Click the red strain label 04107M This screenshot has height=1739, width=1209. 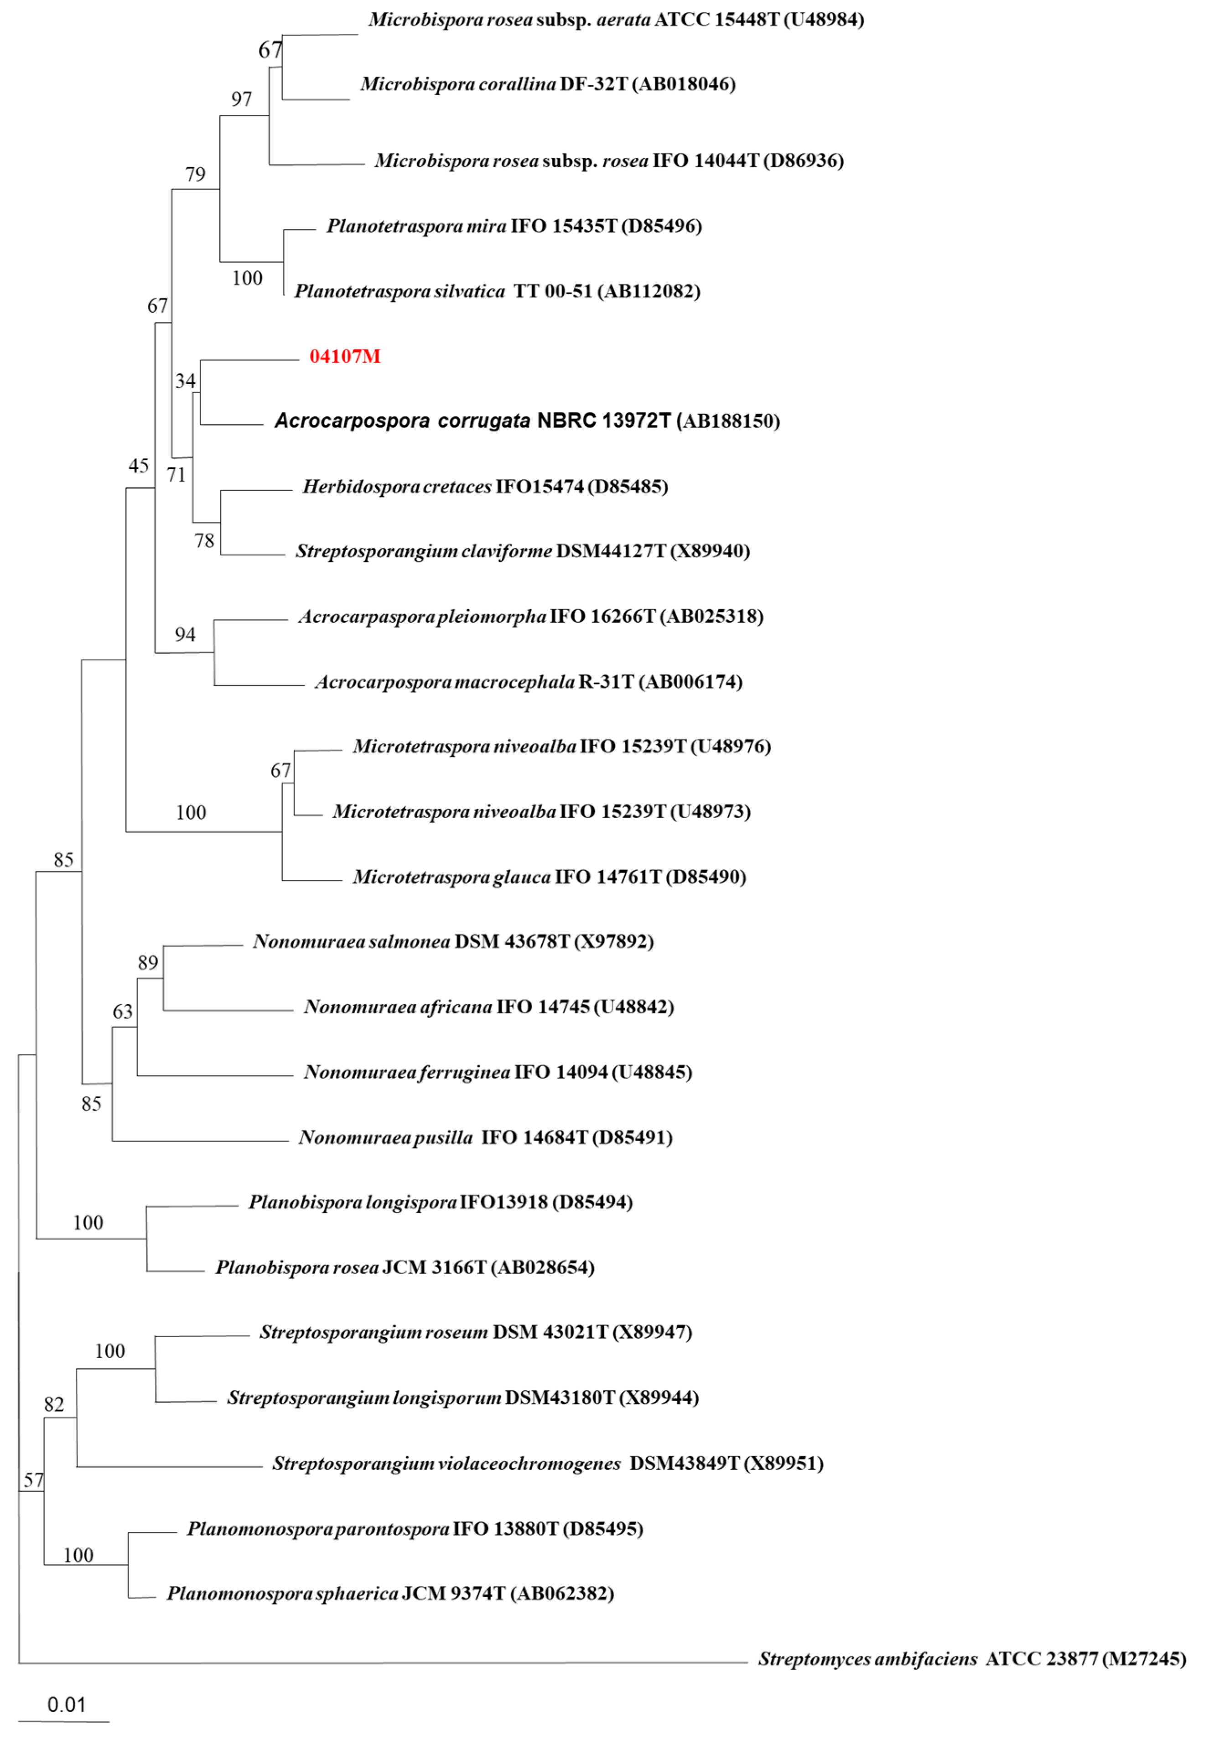coord(345,356)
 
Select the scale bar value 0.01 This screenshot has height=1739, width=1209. coord(66,1705)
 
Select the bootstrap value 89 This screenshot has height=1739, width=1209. coord(148,963)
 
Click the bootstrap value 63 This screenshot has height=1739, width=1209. coord(123,1012)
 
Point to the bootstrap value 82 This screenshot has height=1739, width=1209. coord(54,1405)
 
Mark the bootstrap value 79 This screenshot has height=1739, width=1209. coord(196,174)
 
